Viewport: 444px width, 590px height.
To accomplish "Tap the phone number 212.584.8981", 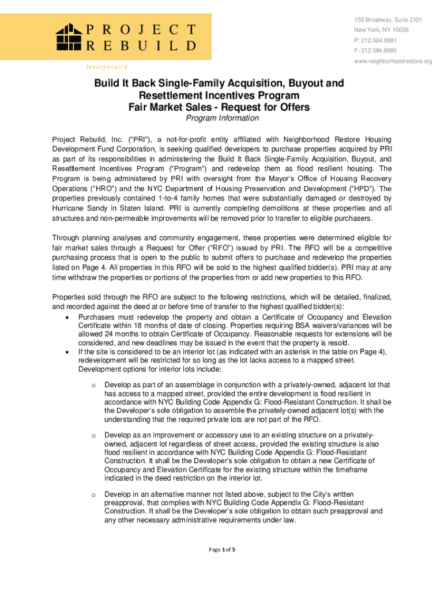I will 383,40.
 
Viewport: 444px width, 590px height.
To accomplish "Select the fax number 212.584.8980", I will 383,51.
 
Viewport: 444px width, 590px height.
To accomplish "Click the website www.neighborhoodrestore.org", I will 393,61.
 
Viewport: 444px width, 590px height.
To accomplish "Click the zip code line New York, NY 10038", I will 381,30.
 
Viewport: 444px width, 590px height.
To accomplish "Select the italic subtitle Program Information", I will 222,118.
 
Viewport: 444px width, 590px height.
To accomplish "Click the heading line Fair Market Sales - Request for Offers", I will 219,107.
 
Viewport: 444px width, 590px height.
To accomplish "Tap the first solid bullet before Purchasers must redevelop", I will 69,317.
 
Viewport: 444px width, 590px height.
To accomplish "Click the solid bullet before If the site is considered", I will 69,352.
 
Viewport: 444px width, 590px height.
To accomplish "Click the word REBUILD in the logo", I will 142,46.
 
